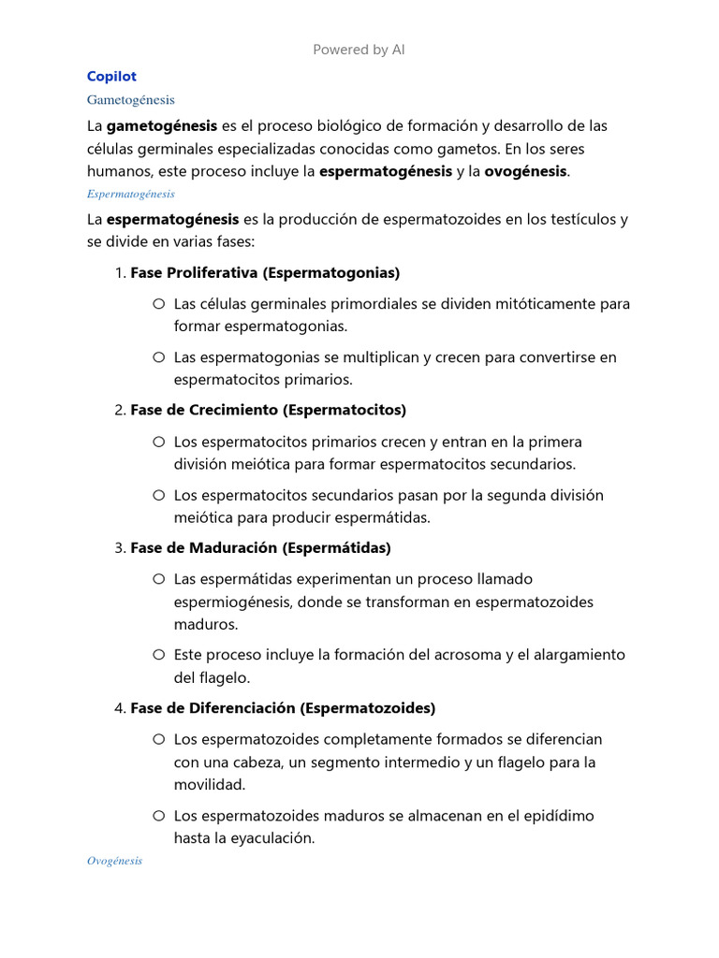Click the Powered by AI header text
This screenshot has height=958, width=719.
(x=359, y=50)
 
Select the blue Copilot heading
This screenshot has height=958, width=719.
(x=111, y=76)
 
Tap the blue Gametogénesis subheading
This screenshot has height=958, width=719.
(x=130, y=99)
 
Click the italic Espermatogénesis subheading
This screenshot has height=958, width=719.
(x=130, y=194)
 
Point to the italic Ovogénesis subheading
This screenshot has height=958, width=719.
(x=114, y=861)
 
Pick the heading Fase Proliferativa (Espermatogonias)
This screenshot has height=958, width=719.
(x=265, y=273)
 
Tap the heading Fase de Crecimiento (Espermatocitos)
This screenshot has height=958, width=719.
(x=268, y=410)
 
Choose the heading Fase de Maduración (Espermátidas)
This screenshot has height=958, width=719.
(x=260, y=547)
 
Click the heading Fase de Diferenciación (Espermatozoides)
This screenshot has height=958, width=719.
(x=283, y=708)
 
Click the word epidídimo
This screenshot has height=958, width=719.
(x=552, y=816)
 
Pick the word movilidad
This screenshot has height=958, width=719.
(x=210, y=784)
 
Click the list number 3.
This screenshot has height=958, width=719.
(x=119, y=547)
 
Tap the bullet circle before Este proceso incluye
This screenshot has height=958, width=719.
(x=158, y=654)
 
